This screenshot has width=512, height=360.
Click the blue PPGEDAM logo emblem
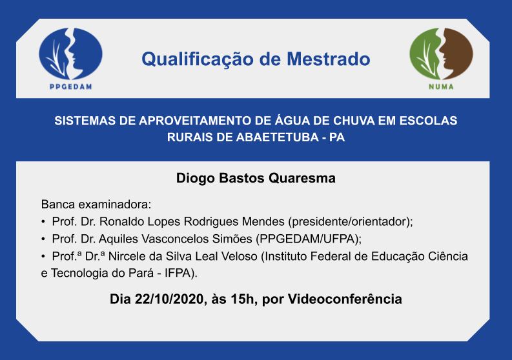(x=70, y=54)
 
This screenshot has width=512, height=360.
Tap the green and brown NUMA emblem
(x=441, y=54)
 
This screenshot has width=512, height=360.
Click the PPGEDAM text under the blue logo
(x=71, y=87)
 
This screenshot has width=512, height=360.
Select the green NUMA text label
(x=441, y=87)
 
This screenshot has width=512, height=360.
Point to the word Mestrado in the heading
(x=329, y=59)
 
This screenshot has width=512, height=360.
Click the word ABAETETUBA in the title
(x=277, y=137)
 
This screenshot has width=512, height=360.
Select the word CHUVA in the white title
(x=354, y=121)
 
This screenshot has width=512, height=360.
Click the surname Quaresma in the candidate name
(x=302, y=178)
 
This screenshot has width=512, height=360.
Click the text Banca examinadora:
(x=96, y=205)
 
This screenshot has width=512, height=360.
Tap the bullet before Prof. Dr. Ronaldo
(x=43, y=222)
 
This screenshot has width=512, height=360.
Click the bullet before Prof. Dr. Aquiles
(x=43, y=239)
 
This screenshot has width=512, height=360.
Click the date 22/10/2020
(x=169, y=299)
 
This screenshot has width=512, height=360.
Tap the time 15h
(x=242, y=299)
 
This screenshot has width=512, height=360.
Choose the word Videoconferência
(x=345, y=299)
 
